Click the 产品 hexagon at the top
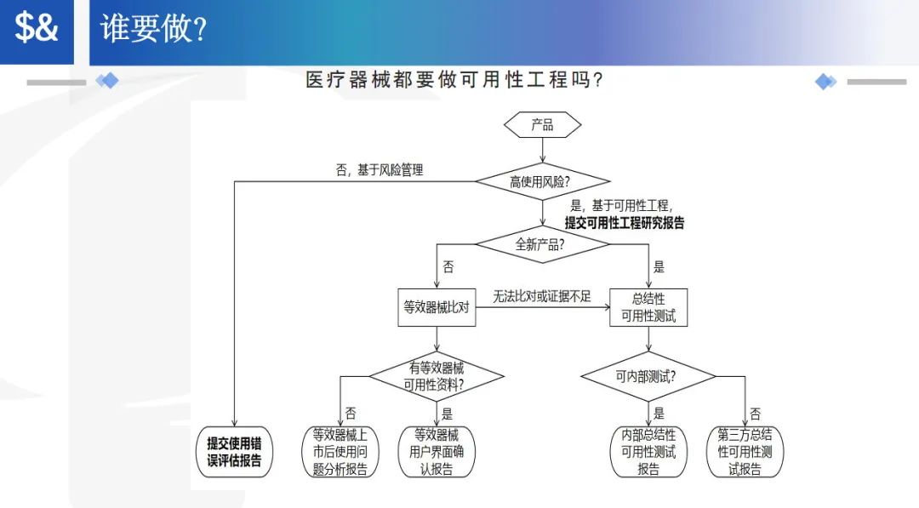542,125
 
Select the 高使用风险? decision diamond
542,181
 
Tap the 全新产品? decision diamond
542,244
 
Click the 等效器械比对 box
436,307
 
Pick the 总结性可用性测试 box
648,307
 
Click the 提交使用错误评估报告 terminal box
234,452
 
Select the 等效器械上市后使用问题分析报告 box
340,452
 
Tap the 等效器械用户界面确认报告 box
437,452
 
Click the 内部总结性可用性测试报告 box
648,452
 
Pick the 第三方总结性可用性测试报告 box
745,452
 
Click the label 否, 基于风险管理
380,170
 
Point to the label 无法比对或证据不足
542,296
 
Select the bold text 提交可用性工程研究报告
625,223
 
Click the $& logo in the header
37,29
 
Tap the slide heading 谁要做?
154,29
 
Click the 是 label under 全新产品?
659,266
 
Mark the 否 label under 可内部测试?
756,414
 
